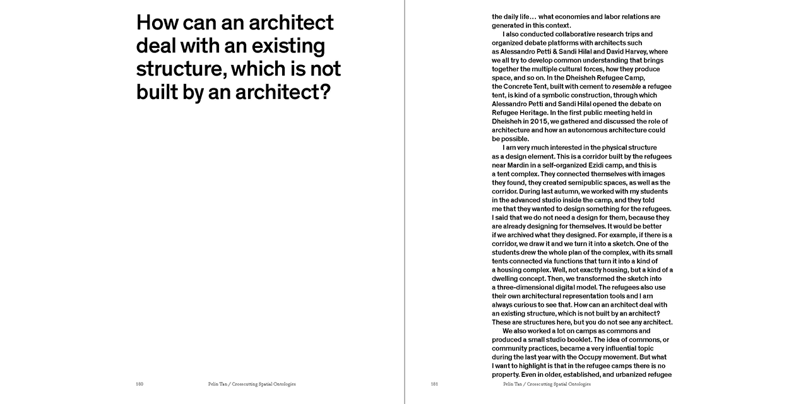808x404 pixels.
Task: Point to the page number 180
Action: click(140, 384)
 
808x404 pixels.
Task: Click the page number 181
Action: click(434, 384)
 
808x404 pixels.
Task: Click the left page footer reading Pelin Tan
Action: click(219, 384)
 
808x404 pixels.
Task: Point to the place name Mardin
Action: click(518, 165)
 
